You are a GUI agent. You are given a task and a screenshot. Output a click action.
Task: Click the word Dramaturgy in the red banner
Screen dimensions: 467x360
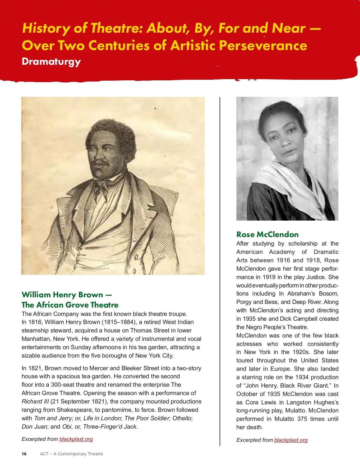pyautogui.click(x=51, y=62)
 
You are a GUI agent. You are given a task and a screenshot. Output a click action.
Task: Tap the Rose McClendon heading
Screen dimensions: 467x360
pyautogui.click(x=267, y=234)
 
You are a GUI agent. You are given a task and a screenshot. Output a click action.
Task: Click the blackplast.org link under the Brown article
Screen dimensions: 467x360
pyautogui.click(x=76, y=439)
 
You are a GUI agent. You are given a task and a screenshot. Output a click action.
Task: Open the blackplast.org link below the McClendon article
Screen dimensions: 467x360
pyautogui.click(x=291, y=440)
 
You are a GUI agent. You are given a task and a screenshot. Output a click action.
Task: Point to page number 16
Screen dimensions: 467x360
pyautogui.click(x=24, y=454)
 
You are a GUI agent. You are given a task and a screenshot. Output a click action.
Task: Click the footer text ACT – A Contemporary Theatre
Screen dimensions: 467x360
pyautogui.click(x=71, y=454)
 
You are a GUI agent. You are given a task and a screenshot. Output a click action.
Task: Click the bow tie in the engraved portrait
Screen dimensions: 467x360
pyautogui.click(x=100, y=183)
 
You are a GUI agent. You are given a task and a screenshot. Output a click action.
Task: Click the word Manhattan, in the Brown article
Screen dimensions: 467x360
pyautogui.click(x=36, y=339)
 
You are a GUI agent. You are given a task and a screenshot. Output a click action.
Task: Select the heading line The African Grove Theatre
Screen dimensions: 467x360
pyautogui.click(x=70, y=305)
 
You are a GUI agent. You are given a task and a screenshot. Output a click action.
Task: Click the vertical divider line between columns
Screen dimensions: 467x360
pyautogui.click(x=220, y=270)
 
